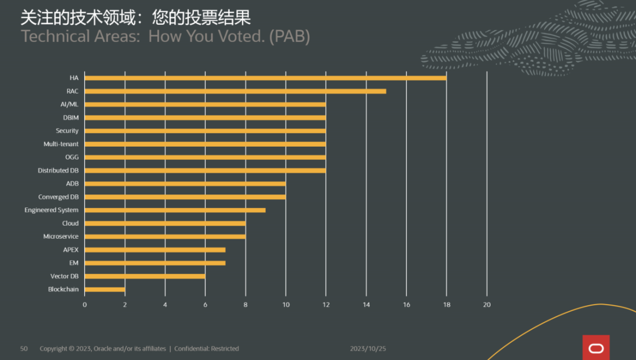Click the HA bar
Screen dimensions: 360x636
point(265,78)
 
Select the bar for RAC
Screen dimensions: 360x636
point(236,91)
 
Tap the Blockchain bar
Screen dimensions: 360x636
point(105,289)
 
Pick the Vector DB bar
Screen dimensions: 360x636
point(145,276)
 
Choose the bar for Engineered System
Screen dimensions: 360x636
point(175,210)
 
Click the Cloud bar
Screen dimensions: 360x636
point(165,223)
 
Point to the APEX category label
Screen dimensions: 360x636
point(71,250)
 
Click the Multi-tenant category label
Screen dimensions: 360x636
point(61,144)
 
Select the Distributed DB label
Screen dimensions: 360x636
point(58,170)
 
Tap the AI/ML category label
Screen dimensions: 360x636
point(69,104)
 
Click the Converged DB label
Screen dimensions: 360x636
point(58,197)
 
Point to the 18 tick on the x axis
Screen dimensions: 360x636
point(446,305)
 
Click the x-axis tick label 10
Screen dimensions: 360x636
point(286,305)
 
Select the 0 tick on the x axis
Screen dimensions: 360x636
point(85,305)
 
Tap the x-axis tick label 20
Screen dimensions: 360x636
point(486,305)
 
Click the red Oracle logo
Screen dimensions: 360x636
point(596,348)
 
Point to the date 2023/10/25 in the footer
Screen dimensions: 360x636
point(368,349)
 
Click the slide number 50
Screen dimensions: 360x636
point(24,349)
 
